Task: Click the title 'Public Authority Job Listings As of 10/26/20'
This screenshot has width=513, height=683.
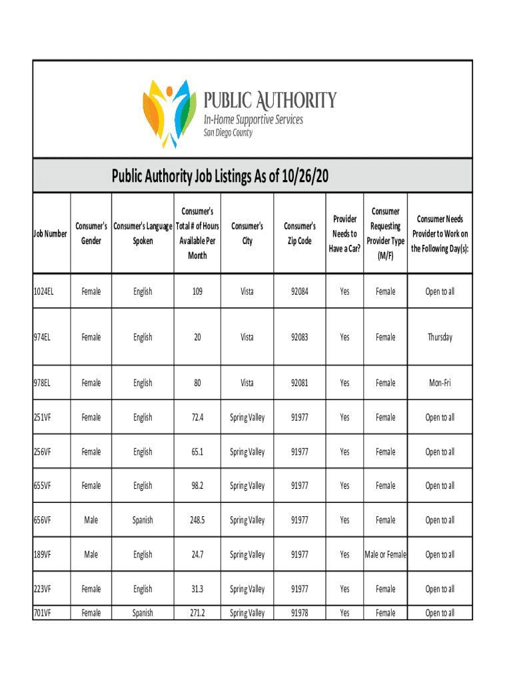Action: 220,177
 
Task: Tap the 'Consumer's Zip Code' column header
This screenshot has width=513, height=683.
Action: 300,233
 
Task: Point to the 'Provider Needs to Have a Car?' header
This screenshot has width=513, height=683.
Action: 344,233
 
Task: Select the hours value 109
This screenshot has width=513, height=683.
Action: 197,291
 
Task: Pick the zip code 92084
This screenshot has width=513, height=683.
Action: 300,291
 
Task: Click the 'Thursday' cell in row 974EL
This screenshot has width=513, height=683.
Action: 440,337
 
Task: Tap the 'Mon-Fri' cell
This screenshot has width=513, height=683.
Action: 440,383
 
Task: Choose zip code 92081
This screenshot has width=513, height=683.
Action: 300,383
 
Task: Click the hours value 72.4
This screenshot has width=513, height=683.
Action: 197,418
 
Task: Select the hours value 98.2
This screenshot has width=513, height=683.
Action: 197,486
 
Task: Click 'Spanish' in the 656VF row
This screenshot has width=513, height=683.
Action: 143,520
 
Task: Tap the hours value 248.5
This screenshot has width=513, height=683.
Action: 197,520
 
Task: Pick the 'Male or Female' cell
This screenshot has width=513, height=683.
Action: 385,554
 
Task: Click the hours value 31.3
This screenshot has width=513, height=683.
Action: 197,589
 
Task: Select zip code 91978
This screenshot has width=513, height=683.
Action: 300,613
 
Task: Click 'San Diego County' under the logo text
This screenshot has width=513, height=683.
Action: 228,133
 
